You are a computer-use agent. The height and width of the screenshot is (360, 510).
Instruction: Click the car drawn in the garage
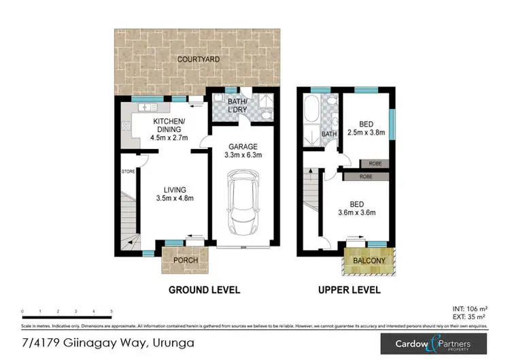241,201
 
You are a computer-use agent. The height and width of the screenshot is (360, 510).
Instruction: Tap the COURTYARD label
199,60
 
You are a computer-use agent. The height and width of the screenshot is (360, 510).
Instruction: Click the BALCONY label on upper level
369,261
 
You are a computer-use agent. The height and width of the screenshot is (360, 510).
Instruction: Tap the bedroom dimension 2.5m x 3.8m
367,133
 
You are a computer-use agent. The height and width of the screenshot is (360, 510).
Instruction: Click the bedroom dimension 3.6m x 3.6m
367,212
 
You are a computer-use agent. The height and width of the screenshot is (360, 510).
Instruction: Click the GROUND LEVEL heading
204,290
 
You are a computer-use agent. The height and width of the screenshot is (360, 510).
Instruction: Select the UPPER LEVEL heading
349,290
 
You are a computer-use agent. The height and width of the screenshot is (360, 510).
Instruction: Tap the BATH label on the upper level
329,134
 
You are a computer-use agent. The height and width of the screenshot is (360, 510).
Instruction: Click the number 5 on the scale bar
111,311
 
